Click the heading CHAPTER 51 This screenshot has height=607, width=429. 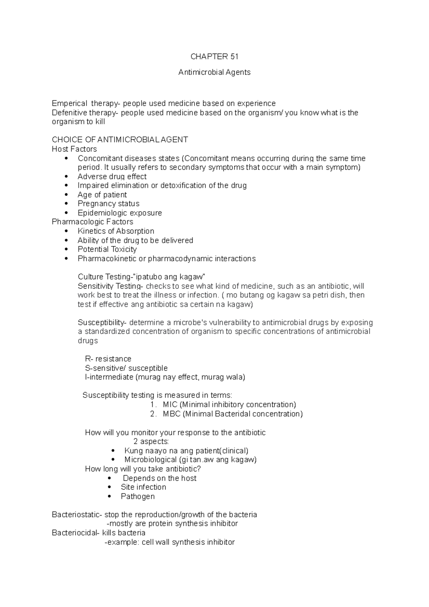(214, 56)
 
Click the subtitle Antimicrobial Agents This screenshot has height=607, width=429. (214, 72)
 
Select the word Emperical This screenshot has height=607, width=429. (69, 104)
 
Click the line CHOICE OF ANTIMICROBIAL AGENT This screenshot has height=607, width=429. (120, 140)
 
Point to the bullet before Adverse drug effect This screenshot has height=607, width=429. (66, 177)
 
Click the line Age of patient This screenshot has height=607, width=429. (102, 195)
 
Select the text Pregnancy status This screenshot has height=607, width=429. (108, 204)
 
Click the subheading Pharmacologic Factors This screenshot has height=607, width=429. (92, 222)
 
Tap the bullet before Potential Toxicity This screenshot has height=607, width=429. (66, 250)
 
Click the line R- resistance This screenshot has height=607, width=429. (108, 359)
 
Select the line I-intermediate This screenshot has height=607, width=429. (165, 377)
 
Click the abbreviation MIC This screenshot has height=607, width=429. (170, 405)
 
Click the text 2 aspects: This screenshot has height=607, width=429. (151, 441)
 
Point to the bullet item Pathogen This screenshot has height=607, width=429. (138, 497)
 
